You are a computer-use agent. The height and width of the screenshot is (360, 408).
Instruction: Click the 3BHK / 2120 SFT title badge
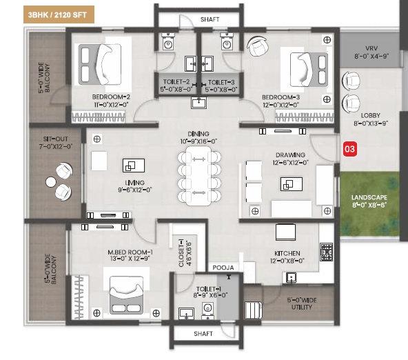[59, 14]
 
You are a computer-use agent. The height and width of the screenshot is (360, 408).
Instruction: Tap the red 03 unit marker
[349, 149]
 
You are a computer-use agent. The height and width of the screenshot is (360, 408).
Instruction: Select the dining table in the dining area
[199, 176]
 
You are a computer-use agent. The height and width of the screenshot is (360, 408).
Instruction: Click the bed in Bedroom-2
[100, 64]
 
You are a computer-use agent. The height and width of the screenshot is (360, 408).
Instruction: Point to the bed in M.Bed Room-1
[126, 295]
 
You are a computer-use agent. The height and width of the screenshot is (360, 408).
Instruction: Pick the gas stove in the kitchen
[326, 252]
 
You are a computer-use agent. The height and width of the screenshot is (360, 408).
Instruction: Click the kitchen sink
[291, 277]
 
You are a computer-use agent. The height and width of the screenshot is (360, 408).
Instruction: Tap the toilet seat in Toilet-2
[168, 41]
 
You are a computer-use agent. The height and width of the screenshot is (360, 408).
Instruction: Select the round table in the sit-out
[51, 182]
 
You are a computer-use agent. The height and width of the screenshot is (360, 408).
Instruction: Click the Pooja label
[223, 268]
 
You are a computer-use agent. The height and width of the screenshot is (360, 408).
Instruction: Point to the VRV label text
[371, 48]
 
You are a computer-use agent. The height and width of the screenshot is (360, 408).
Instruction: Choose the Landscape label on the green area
[369, 197]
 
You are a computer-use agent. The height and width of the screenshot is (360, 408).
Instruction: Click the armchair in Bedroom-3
[258, 46]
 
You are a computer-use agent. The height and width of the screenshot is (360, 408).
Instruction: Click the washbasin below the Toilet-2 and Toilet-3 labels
[198, 103]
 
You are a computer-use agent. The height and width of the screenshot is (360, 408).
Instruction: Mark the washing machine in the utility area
[254, 310]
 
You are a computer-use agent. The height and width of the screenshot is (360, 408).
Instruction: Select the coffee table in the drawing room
[292, 184]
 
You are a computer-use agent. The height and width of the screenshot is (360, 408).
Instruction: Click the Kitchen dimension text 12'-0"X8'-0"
[287, 261]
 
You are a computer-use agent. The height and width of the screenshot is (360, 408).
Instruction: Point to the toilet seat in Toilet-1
[207, 310]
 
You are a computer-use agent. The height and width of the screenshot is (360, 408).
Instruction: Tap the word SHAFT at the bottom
[203, 334]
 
